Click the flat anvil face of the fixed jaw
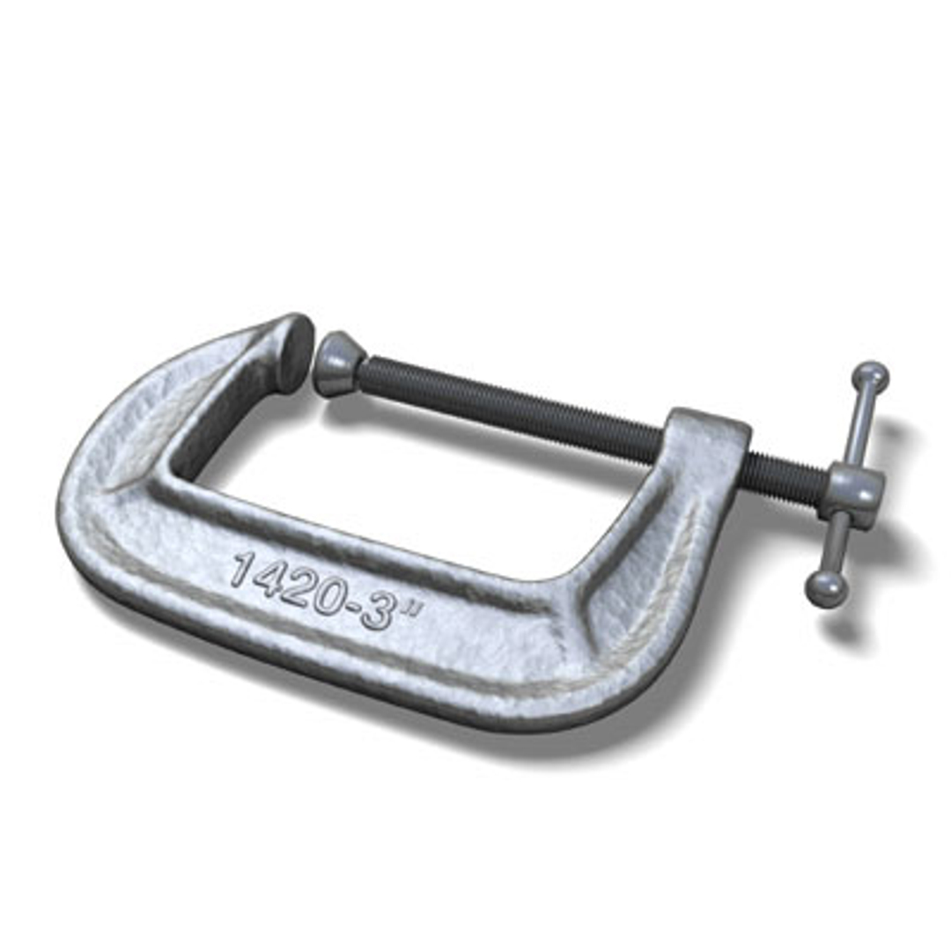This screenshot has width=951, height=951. pos(294,352)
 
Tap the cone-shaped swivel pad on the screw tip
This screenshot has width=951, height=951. pos(338,363)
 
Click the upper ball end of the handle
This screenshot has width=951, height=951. pos(870,377)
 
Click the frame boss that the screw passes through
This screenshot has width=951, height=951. pos(704,440)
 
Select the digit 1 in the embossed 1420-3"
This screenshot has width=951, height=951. pos(240,568)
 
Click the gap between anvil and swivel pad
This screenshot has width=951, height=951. pos(314,370)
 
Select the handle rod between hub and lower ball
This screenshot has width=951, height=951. pos(837,546)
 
